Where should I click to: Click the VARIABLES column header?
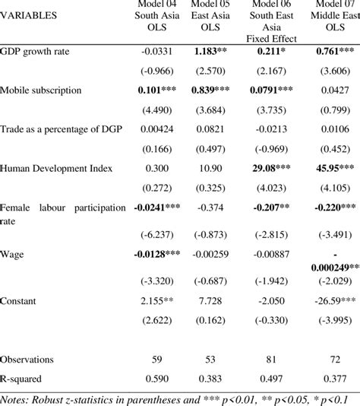click(x=28, y=14)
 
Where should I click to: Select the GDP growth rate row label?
click(x=36, y=52)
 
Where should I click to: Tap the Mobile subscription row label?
click(x=40, y=90)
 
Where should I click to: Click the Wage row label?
click(x=13, y=253)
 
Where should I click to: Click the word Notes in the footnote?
click(x=16, y=398)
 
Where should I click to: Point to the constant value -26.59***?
click(x=332, y=301)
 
